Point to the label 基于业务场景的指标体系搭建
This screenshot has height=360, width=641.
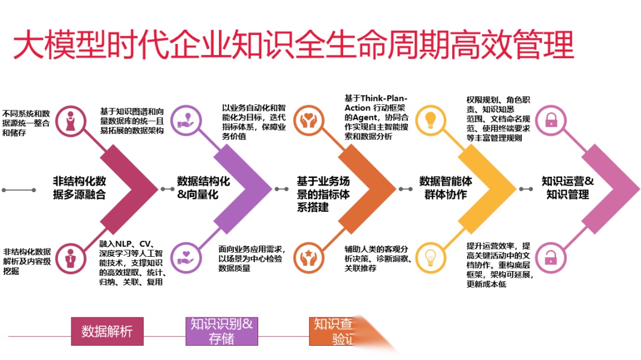323,194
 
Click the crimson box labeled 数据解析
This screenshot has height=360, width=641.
107,332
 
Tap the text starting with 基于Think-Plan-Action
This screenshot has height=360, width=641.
376,117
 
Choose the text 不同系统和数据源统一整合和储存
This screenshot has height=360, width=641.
26,122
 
